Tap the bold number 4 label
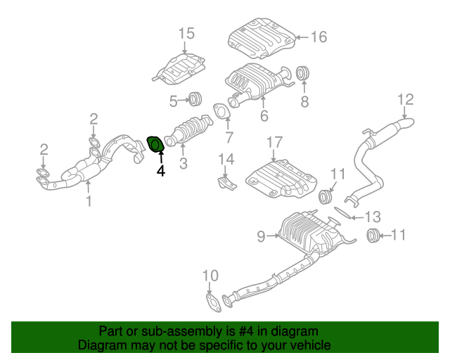point(160,170)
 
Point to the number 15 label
point(185,34)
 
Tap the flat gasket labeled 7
point(222,112)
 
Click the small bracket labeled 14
point(225,183)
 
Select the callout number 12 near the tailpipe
point(406,99)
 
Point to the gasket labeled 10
point(210,303)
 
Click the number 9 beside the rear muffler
point(261,237)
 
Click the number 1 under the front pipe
point(89,202)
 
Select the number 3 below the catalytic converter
point(183,165)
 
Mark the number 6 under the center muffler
point(264,115)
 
